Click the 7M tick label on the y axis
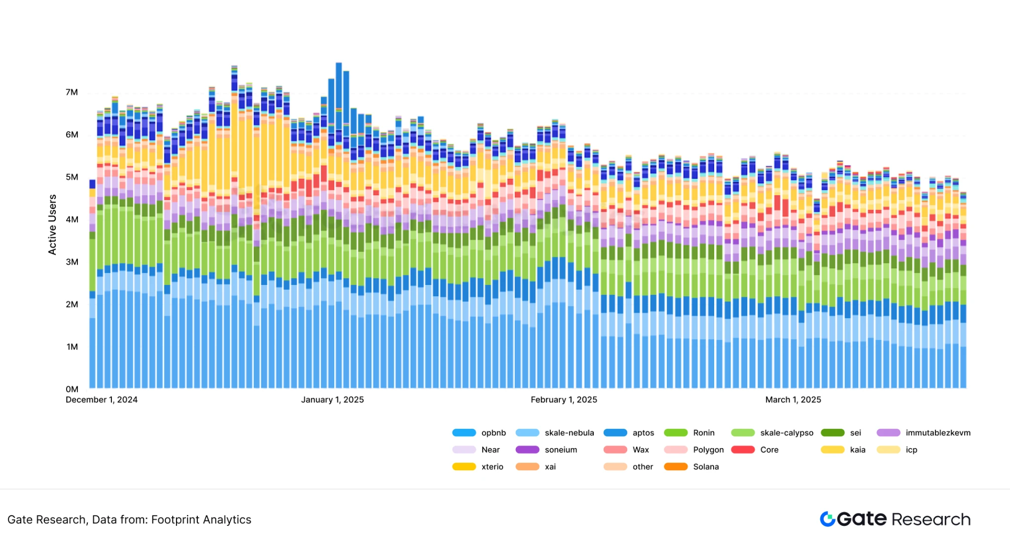coord(72,92)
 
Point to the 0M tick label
coord(72,389)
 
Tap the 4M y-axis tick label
coord(72,219)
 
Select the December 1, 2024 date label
coord(102,400)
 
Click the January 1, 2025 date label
coord(332,400)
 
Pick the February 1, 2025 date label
coord(564,400)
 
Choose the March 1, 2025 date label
coord(793,400)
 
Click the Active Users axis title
coord(52,225)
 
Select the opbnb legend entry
coord(493,433)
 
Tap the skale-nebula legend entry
coord(569,433)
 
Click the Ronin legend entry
coord(703,433)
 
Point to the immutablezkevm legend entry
coord(938,433)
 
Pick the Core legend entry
coord(769,449)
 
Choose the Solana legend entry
coord(706,467)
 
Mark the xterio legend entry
coord(492,467)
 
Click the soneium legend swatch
coord(527,449)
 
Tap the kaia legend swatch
coord(832,449)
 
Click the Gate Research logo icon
coord(828,519)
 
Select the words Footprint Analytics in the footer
coord(201,520)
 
